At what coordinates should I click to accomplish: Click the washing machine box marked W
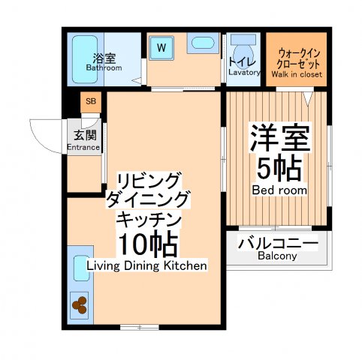(x=161, y=46)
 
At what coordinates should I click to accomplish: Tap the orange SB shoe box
(x=90, y=101)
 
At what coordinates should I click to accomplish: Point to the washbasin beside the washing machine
(x=202, y=43)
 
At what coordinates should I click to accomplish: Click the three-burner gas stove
(x=79, y=304)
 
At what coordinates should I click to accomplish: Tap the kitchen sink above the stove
(x=80, y=268)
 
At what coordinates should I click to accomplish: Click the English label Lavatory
(x=244, y=73)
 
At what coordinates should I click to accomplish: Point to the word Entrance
(x=83, y=147)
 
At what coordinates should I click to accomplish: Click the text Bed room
(x=279, y=190)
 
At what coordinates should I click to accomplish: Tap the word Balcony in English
(x=277, y=256)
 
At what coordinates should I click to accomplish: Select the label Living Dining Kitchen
(x=146, y=265)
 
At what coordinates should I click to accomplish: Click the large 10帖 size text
(x=146, y=244)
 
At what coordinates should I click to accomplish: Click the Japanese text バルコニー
(x=278, y=242)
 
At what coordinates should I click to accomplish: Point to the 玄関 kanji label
(x=83, y=135)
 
